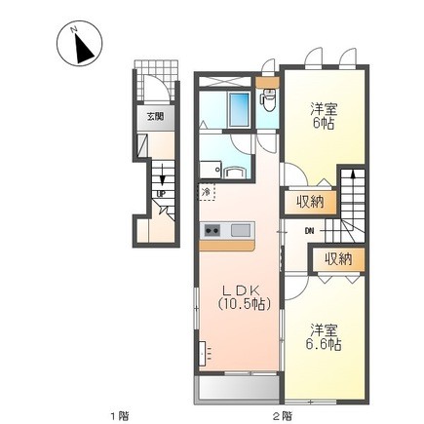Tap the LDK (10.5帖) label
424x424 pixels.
pos(242,297)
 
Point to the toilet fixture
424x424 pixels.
pos(269,97)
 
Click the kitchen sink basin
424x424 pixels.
pos(241,231)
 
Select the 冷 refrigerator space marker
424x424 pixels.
pos(207,192)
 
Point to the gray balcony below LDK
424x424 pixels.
pos(238,389)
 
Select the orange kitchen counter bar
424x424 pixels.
pos(227,246)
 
